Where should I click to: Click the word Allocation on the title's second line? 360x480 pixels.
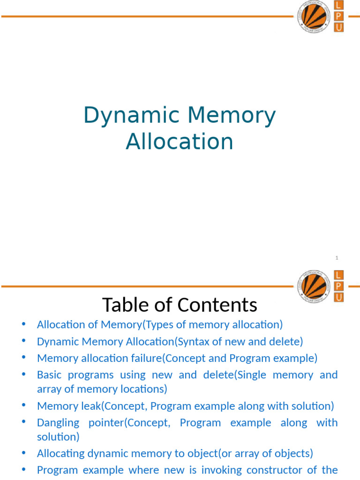click(x=180, y=142)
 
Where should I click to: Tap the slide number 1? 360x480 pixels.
click(x=337, y=258)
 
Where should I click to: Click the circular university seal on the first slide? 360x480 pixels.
click(x=312, y=17)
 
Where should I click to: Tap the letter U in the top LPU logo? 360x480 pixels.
click(x=338, y=28)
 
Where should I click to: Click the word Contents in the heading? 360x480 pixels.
click(x=221, y=305)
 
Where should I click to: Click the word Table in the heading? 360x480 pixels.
click(x=123, y=305)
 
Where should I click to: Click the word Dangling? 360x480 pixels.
click(x=58, y=423)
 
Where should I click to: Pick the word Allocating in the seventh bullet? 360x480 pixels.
click(x=60, y=453)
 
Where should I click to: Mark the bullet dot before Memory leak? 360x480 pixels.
click(x=23, y=405)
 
